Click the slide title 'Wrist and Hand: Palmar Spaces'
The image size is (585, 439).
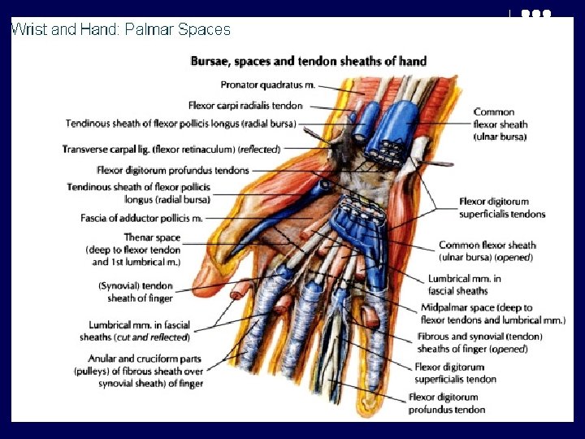(x=120, y=30)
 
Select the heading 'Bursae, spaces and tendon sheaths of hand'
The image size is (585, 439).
(x=308, y=61)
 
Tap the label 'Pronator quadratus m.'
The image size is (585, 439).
(x=268, y=85)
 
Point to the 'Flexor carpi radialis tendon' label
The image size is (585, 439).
(x=245, y=106)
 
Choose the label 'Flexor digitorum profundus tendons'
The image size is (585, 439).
(x=172, y=171)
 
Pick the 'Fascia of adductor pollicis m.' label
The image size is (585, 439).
(x=141, y=218)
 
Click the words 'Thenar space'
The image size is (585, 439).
(x=152, y=238)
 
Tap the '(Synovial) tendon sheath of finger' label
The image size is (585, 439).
(x=136, y=292)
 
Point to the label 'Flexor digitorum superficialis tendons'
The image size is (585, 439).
(x=501, y=208)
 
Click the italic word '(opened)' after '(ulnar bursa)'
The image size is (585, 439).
(x=513, y=258)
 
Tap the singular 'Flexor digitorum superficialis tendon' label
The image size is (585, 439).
(x=455, y=373)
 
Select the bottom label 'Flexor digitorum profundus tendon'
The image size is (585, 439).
(x=446, y=403)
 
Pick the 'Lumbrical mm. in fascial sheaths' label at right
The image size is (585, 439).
(x=464, y=284)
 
